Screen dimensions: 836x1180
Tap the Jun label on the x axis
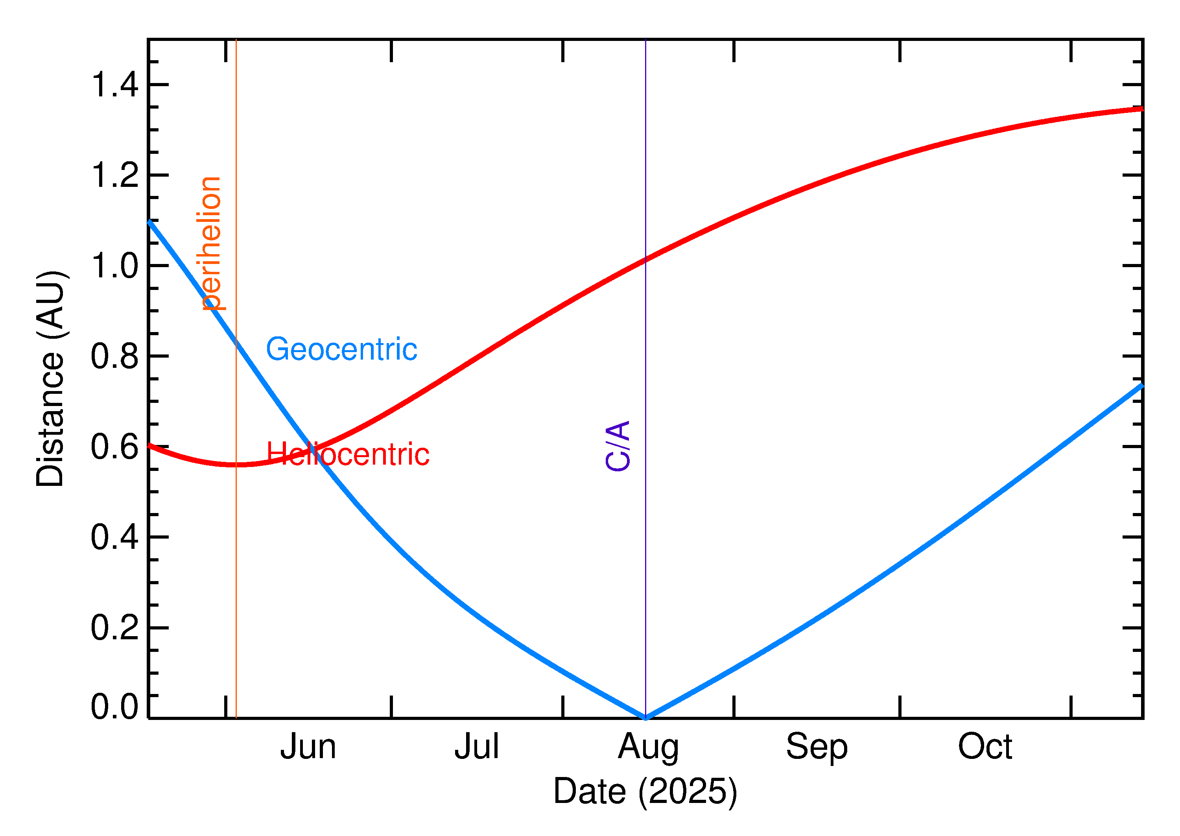[x=308, y=747]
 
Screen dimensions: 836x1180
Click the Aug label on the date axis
[x=648, y=747]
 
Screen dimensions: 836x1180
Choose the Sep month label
[x=817, y=747]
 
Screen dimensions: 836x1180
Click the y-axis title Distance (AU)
[x=50, y=379]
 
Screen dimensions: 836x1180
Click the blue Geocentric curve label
[x=341, y=349]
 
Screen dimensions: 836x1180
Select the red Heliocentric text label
[x=348, y=454]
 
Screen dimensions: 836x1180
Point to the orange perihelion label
[x=211, y=243]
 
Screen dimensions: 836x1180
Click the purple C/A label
[x=618, y=446]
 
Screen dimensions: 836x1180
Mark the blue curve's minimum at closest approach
[x=645, y=717]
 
